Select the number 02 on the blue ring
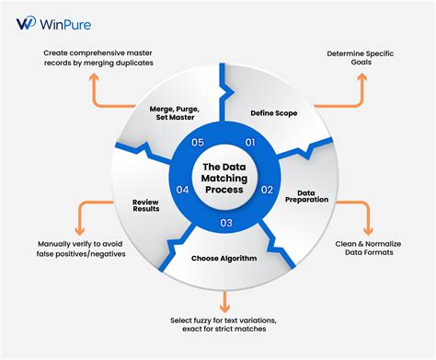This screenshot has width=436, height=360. point(268,190)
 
